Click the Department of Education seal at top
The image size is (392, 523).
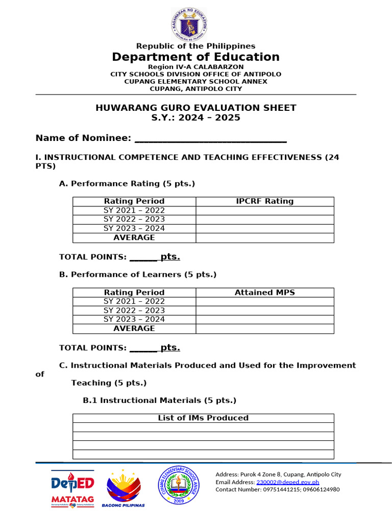point(189,24)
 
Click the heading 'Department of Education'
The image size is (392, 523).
point(196,57)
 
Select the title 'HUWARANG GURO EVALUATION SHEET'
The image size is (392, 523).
point(196,108)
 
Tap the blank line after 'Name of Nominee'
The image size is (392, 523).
point(210,138)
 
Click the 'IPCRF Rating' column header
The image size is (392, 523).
point(264,201)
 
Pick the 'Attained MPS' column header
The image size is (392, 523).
point(264,293)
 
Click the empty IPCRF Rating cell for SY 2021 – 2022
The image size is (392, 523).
point(264,210)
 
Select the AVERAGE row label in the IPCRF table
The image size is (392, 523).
point(134,237)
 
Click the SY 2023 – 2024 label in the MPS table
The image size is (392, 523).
point(134,319)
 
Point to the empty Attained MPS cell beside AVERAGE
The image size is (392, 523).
point(264,328)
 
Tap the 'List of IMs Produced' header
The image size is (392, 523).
point(203,418)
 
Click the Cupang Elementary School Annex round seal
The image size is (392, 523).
point(178,486)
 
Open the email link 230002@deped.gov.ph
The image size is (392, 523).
point(287,482)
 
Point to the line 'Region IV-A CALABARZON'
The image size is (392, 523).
point(196,67)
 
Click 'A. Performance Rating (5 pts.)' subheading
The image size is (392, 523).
point(127,183)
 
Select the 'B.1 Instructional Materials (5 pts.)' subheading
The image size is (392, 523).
point(159,400)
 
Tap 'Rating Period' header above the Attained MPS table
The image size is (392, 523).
point(134,293)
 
